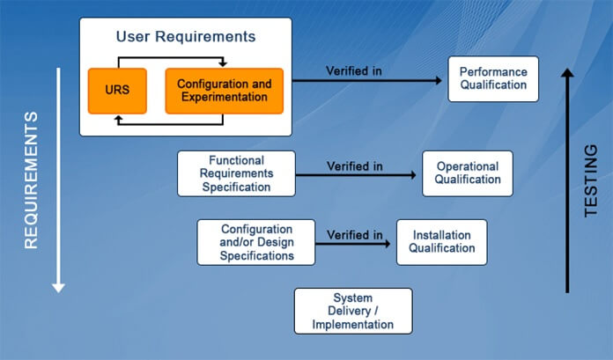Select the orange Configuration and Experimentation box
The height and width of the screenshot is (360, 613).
tap(224, 91)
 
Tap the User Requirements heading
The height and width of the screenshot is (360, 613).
tap(186, 37)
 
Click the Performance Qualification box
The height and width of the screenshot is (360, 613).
tap(493, 78)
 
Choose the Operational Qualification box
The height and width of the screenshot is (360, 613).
tap(467, 173)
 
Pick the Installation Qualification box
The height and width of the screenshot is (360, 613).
tap(441, 241)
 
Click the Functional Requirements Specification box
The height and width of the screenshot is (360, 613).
tap(236, 173)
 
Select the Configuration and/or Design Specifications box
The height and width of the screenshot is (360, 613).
tap(257, 242)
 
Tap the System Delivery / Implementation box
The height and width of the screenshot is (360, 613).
tap(352, 311)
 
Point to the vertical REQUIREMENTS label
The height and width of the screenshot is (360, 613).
tap(31, 180)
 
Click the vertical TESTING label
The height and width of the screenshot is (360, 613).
tap(592, 180)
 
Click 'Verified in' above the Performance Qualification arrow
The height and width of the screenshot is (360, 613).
tap(354, 70)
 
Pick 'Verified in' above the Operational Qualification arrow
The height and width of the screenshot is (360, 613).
tap(354, 165)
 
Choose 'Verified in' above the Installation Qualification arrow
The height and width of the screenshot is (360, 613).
tap(354, 234)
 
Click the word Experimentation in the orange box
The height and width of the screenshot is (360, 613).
tap(224, 98)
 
